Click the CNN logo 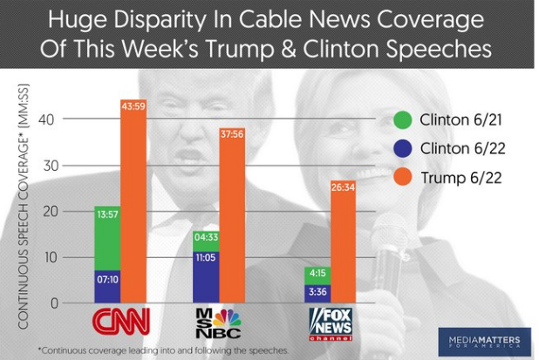click(120, 321)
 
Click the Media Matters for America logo click(486, 340)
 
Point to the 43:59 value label click(133, 106)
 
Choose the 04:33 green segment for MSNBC click(205, 241)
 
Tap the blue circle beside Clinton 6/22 click(402, 149)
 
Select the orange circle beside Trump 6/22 click(402, 178)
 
